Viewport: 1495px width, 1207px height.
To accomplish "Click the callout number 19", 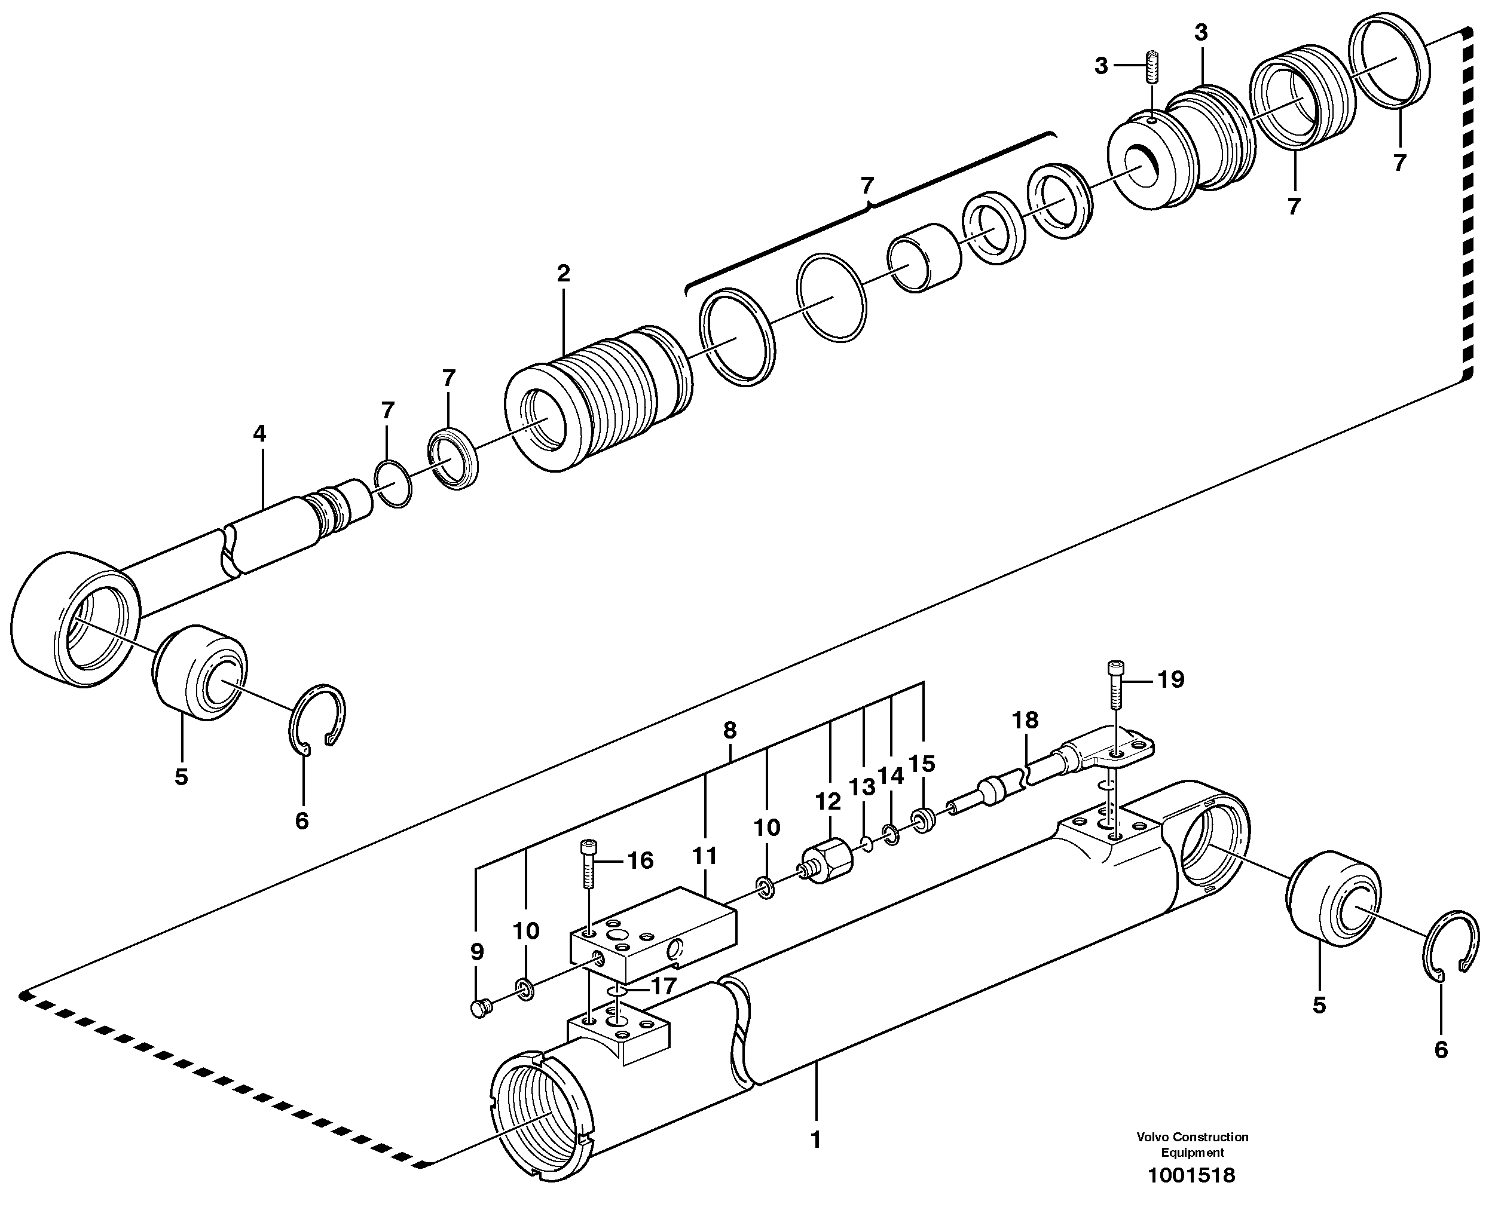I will tap(1171, 679).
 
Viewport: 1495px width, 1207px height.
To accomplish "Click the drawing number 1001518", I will tap(1192, 1175).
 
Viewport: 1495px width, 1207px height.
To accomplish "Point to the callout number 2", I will tap(564, 273).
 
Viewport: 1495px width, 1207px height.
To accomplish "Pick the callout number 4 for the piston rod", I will tap(259, 434).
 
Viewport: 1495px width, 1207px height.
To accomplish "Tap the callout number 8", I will tap(730, 730).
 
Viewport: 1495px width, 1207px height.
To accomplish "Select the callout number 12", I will tap(828, 802).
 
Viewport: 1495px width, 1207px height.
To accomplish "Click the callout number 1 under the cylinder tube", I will tap(816, 1140).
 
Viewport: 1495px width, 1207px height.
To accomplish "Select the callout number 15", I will tap(922, 764).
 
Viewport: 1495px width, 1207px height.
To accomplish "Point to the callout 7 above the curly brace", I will tap(867, 186).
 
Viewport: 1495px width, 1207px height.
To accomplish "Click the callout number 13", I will tap(862, 788).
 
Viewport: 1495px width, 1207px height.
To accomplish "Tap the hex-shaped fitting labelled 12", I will tap(828, 863).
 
